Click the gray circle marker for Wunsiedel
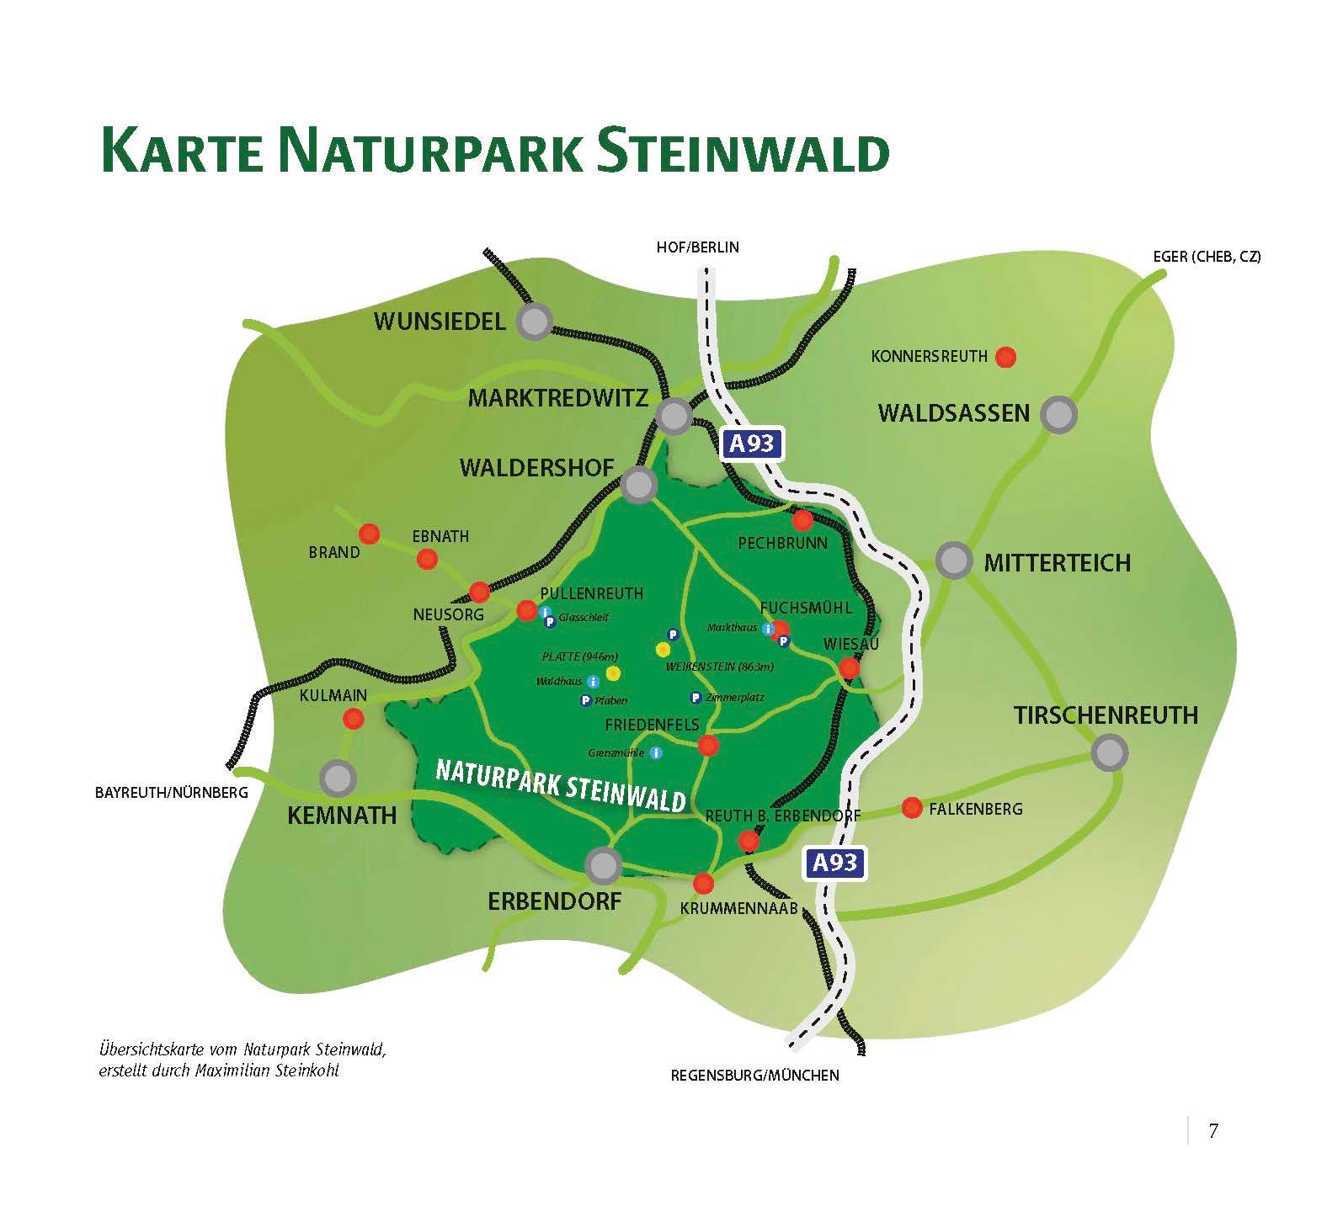pyautogui.click(x=534, y=321)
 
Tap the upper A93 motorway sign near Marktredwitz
pyautogui.click(x=751, y=444)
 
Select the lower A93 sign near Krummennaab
pyautogui.click(x=834, y=863)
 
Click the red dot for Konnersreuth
pyautogui.click(x=1005, y=357)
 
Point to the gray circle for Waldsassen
pyautogui.click(x=1058, y=414)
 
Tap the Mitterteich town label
pyautogui.click(x=1057, y=563)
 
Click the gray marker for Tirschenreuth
pyautogui.click(x=1109, y=752)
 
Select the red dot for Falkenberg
pyautogui.click(x=911, y=808)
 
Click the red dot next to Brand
pyautogui.click(x=369, y=534)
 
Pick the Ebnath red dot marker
pyautogui.click(x=427, y=559)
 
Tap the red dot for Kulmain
pyautogui.click(x=354, y=719)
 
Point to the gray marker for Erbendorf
pyautogui.click(x=603, y=864)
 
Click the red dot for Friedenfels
pyautogui.click(x=708, y=745)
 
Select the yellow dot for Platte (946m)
pyautogui.click(x=613, y=672)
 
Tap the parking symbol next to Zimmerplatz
pyautogui.click(x=695, y=698)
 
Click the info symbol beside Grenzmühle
pyautogui.click(x=656, y=752)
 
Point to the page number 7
pyautogui.click(x=1212, y=1131)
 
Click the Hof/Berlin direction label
pyautogui.click(x=697, y=247)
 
